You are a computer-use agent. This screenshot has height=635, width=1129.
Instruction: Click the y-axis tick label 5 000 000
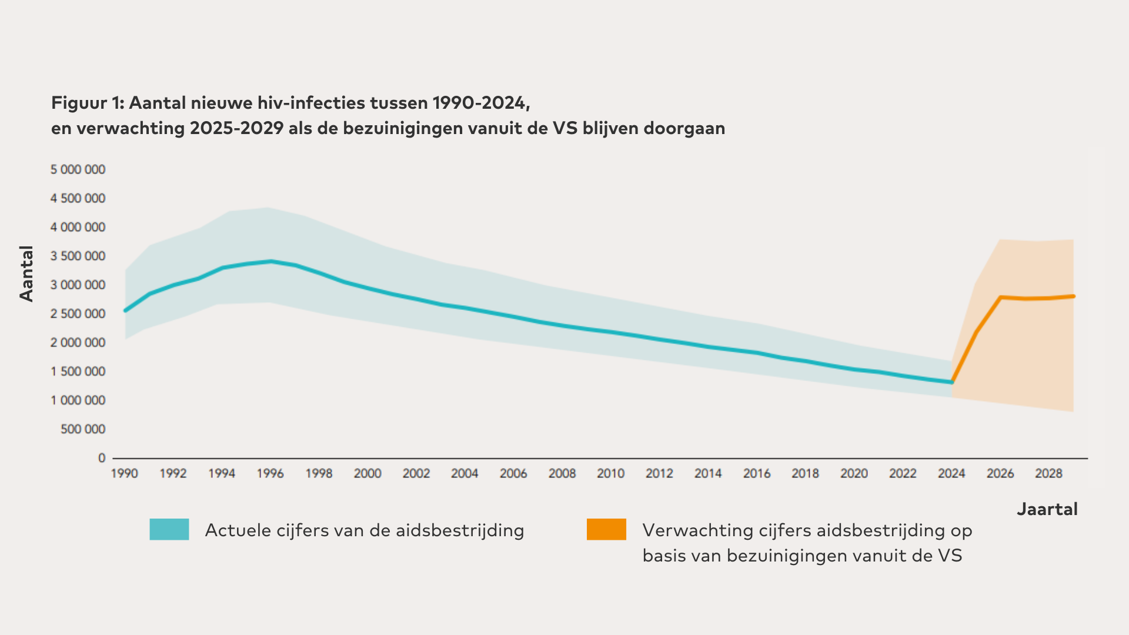(x=78, y=170)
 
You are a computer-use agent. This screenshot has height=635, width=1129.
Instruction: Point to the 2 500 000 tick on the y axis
(x=78, y=314)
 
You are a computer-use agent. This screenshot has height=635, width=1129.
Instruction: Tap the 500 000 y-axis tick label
(x=83, y=429)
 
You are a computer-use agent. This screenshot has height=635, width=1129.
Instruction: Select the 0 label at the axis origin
(x=102, y=458)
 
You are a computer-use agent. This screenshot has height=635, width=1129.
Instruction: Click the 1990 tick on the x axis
(x=124, y=473)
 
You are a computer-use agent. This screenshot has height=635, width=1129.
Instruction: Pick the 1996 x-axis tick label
(x=270, y=473)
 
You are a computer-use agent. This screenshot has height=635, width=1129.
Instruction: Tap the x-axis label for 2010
(x=610, y=473)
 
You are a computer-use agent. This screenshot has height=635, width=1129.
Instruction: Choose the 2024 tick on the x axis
(x=951, y=473)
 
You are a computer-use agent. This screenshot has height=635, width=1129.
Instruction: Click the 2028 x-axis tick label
(x=1048, y=473)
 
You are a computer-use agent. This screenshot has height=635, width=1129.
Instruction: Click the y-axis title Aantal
(x=27, y=274)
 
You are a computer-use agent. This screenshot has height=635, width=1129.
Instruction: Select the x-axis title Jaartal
(x=1047, y=509)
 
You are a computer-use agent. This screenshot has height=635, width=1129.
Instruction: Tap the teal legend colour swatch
(x=169, y=529)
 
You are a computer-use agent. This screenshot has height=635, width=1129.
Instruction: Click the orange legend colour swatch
(x=606, y=529)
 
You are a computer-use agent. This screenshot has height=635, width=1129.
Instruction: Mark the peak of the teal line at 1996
(x=270, y=261)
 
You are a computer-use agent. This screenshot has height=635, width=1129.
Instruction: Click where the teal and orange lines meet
(x=952, y=382)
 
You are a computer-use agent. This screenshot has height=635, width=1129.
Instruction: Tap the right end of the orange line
(x=1074, y=296)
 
